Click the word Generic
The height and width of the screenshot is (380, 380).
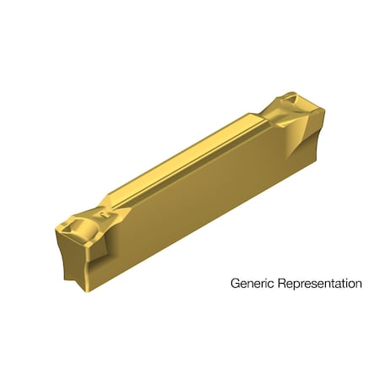pos(251,284)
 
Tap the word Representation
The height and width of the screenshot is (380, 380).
pos(318,284)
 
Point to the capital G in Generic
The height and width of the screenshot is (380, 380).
pos(235,284)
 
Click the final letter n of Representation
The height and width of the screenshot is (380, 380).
pos(358,284)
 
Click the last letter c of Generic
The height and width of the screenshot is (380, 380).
pos(269,284)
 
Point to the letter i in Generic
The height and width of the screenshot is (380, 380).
pos(265,284)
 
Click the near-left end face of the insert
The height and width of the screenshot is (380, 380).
pos(79,253)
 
